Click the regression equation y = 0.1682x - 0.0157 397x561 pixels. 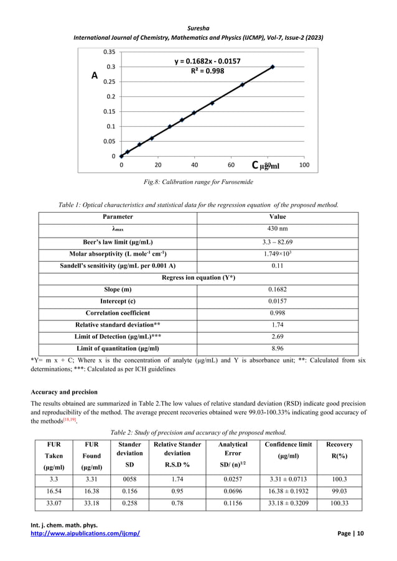[202, 61]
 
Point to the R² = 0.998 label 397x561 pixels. [202, 71]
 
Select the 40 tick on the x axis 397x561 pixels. [194, 165]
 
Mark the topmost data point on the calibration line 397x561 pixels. [273, 67]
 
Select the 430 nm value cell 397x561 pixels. [277, 229]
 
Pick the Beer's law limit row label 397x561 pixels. [118, 242]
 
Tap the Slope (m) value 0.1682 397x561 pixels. [277, 289]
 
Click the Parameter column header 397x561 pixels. [118, 216]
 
